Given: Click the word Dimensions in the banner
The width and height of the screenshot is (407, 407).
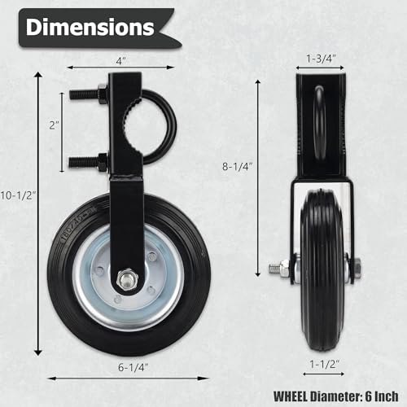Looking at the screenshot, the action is coord(90,27).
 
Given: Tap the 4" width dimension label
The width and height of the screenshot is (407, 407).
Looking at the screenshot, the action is coord(121,61).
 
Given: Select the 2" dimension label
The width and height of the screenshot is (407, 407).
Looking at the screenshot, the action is coord(54,125).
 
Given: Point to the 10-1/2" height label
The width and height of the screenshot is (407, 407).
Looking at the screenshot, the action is coord(18,195).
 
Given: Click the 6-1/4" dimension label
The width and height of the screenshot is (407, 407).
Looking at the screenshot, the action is coord(133,367).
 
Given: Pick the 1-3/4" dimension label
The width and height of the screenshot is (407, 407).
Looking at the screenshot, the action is coord(321,59).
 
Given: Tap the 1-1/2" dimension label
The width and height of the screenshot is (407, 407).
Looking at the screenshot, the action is coord(325,364).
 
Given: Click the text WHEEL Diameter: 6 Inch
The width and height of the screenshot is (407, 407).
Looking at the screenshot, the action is coord(336,396).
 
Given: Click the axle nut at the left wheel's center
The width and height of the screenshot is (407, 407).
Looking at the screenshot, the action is coord(127,279).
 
